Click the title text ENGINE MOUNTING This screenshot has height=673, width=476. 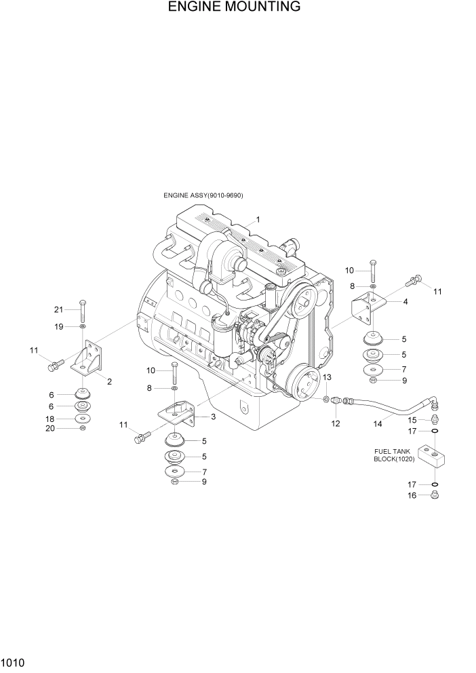point(234,7)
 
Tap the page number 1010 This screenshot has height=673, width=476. point(13,658)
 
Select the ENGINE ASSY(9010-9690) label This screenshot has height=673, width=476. point(203,195)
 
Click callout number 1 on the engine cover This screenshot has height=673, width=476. point(258,220)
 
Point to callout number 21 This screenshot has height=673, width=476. point(58,310)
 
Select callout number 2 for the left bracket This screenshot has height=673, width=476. point(109,381)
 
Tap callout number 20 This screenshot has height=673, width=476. point(49,428)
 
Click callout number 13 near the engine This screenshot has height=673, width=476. point(327,377)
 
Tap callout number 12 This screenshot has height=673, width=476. point(335,423)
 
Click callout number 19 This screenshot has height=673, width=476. point(58,326)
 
